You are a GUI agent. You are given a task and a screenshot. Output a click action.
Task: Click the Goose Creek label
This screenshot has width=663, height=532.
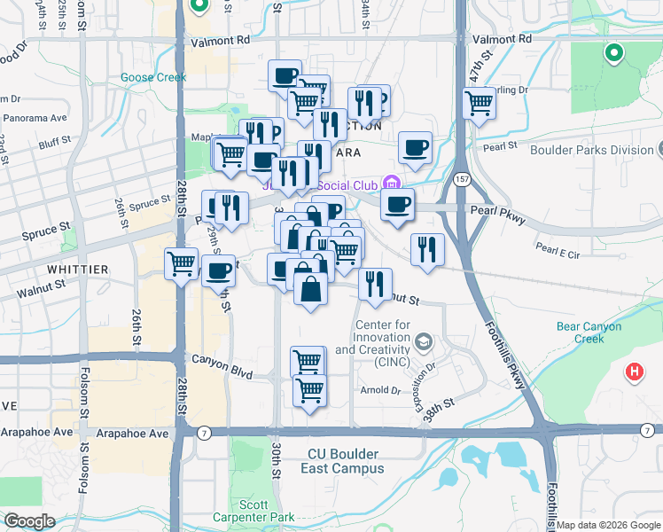click(x=153, y=77)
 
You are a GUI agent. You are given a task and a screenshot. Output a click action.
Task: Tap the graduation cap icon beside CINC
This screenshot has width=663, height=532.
click(x=424, y=340)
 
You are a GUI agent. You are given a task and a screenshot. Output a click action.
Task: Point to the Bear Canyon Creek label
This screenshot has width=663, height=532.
click(x=592, y=332)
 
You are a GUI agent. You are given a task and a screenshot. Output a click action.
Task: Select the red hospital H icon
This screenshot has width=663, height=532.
click(x=635, y=373)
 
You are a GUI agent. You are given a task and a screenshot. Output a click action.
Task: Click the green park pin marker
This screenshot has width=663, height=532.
click(x=612, y=55)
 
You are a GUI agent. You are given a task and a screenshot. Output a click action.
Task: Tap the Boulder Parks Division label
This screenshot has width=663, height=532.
click(x=591, y=150)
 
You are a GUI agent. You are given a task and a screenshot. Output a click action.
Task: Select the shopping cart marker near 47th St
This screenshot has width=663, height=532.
click(x=479, y=103)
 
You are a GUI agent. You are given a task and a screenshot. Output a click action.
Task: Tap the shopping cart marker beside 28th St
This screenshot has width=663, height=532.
click(x=181, y=262)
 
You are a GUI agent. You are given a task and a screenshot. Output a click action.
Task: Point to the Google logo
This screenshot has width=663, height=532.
click(x=29, y=521)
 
